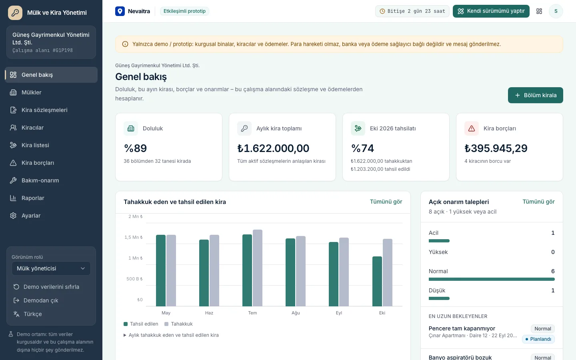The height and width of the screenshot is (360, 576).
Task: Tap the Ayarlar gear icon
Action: [x=13, y=216]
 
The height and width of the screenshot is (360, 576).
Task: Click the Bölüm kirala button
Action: [x=535, y=95]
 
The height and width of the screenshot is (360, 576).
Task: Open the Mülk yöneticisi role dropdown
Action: [x=51, y=268]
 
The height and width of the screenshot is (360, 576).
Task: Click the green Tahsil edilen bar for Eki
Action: [x=377, y=281]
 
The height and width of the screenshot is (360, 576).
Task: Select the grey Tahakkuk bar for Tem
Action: [x=258, y=268]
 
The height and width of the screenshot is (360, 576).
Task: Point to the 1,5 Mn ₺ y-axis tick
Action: [x=134, y=237]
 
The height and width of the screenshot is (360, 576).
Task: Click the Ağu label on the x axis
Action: [x=296, y=313]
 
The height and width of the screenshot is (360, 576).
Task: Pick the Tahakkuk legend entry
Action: [x=178, y=324]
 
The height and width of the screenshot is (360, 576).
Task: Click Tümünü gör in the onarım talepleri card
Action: [x=538, y=202]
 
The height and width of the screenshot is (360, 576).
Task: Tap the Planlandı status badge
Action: [x=538, y=339]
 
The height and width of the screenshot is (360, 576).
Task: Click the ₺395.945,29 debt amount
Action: [x=496, y=148]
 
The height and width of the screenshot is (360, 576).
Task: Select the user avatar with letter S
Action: [x=556, y=11]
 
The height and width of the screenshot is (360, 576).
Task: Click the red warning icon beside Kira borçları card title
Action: [x=471, y=128]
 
